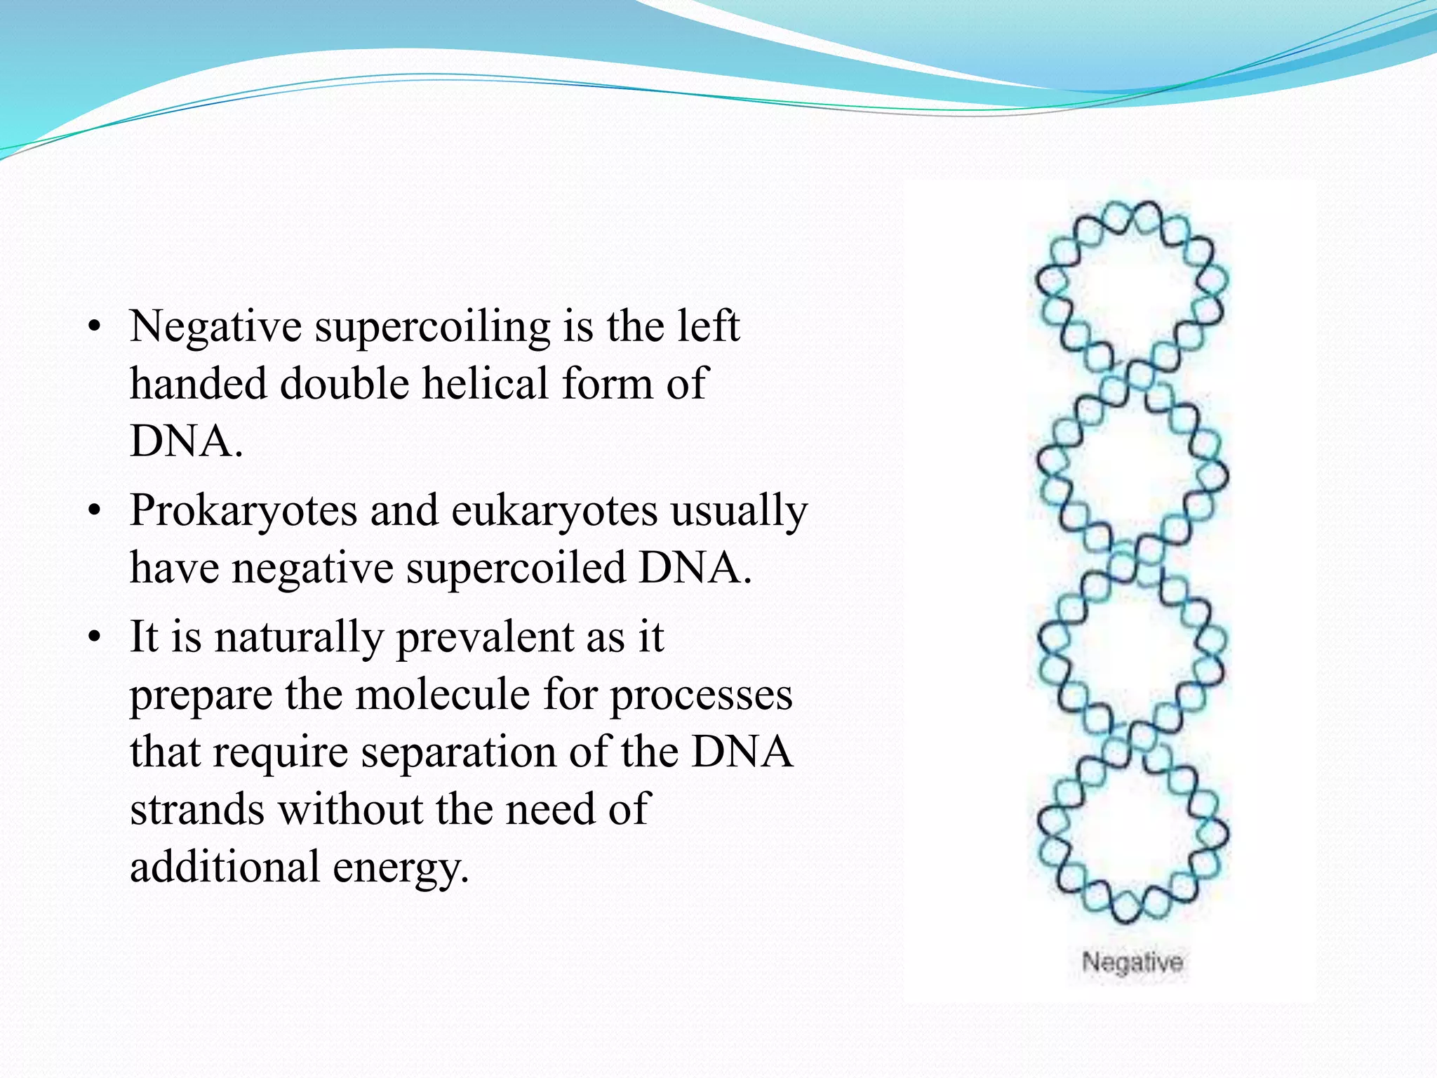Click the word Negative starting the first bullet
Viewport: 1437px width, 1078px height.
tap(215, 326)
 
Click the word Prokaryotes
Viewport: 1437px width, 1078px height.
tap(243, 510)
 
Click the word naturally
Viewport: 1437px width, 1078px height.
tap(298, 637)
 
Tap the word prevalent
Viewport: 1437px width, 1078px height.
tap(486, 637)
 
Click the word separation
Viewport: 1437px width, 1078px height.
tap(459, 752)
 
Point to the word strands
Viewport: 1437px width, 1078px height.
tap(197, 809)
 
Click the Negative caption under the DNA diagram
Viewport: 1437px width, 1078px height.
tap(1132, 961)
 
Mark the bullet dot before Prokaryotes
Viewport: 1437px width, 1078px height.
tap(95, 511)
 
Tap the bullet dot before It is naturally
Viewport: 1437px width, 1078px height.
tap(95, 638)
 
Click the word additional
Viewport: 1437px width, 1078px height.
tap(225, 867)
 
